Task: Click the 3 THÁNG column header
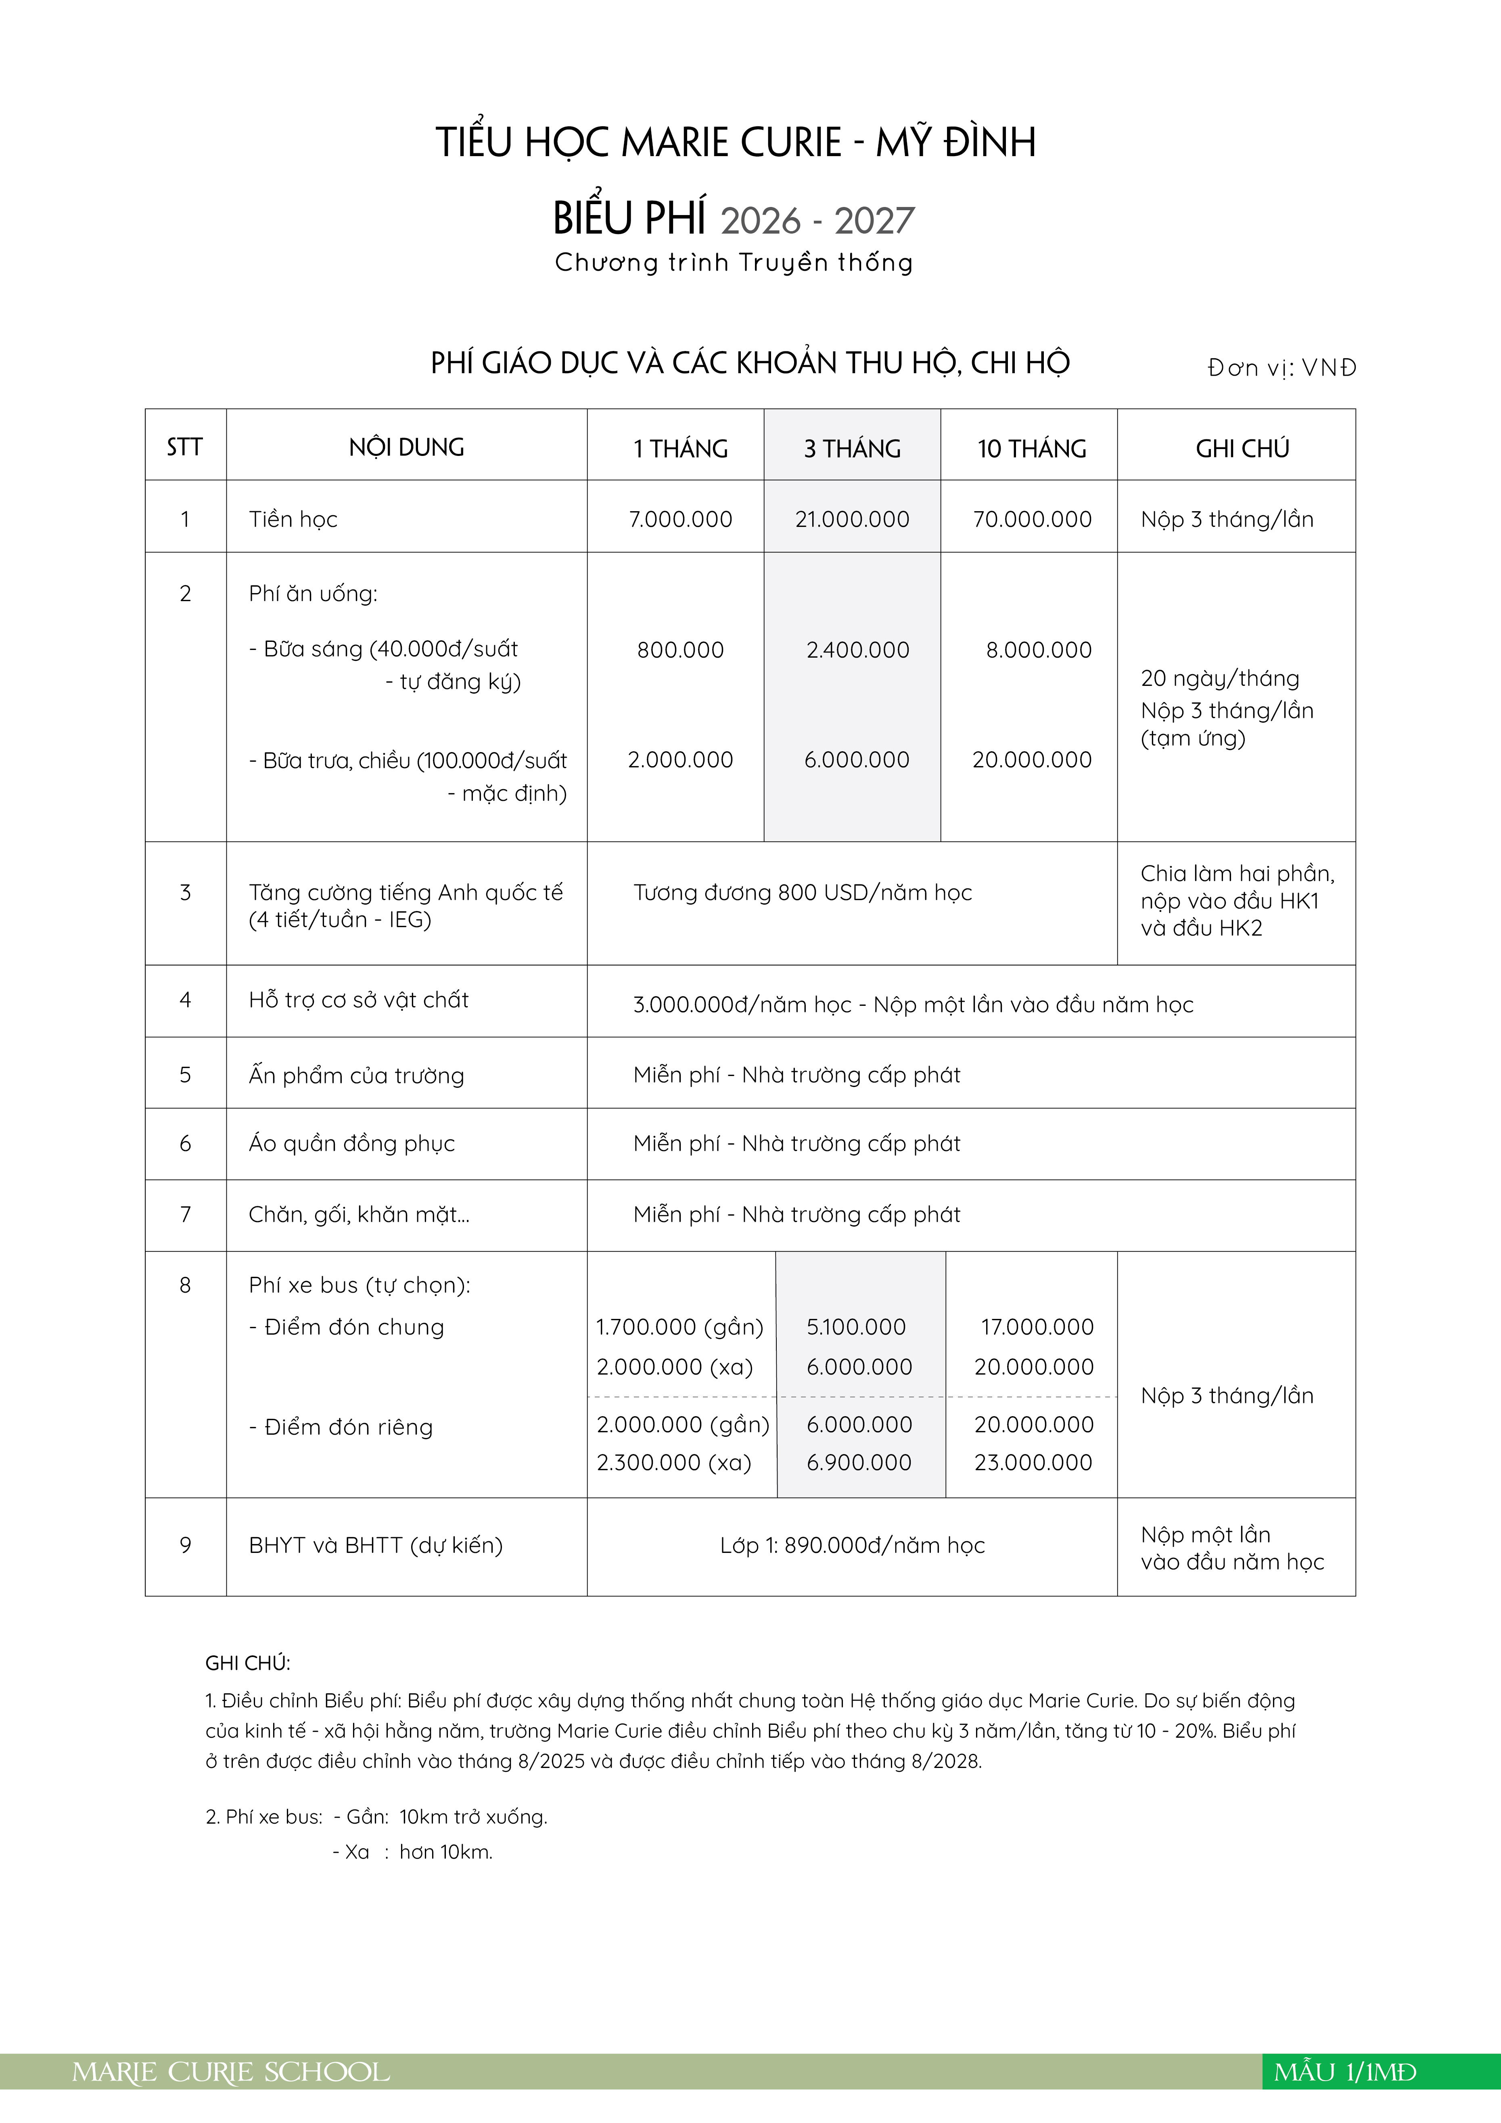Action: coord(852,449)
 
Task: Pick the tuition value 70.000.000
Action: coord(1032,520)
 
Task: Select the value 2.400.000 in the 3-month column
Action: coord(857,650)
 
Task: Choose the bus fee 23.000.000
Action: coord(1033,1462)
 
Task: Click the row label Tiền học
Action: coord(293,520)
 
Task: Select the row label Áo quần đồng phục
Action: coord(351,1144)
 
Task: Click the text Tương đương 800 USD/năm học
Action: coord(802,892)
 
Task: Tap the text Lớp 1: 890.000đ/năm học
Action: coord(852,1545)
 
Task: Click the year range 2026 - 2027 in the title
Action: coord(817,221)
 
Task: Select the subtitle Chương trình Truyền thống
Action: coord(734,263)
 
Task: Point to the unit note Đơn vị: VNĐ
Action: coord(1281,368)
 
